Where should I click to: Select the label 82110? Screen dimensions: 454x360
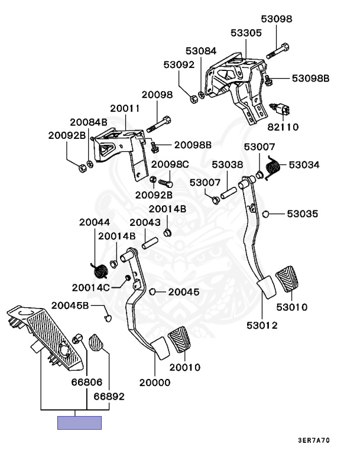tap(284, 127)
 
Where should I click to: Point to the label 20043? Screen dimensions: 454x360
tap(145, 222)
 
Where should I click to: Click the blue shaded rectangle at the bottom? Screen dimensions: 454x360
tap(79, 423)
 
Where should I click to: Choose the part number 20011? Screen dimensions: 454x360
tap(125, 109)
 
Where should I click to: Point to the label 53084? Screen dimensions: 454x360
tap(201, 51)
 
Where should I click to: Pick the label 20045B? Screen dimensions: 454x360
tap(70, 305)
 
